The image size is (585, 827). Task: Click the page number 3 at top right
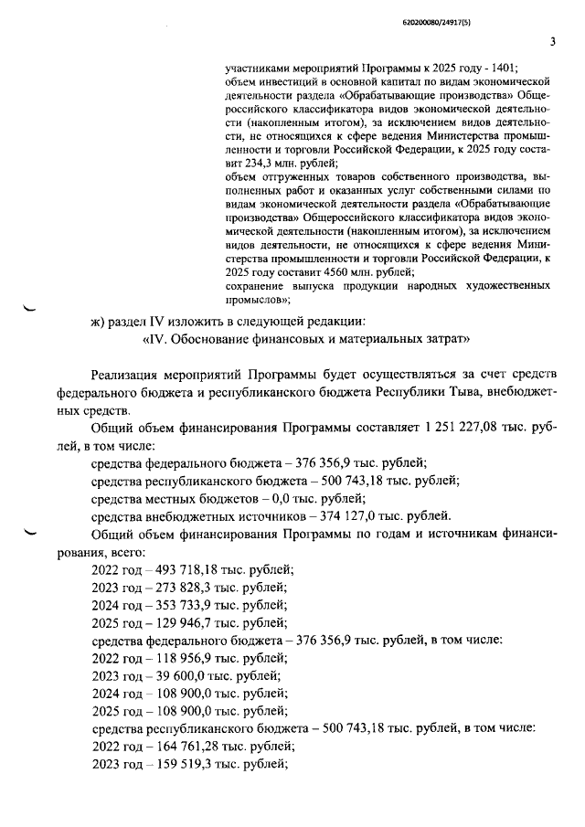coord(552,40)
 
